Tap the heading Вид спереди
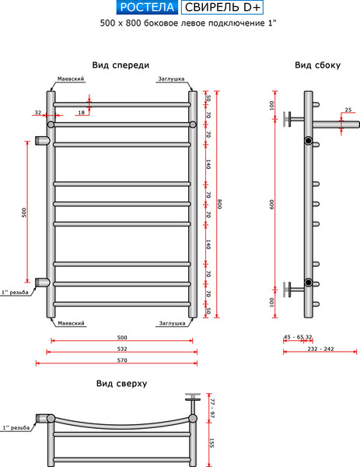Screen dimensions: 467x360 pyautogui.click(x=120, y=65)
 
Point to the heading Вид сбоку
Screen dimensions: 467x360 pyautogui.click(x=317, y=65)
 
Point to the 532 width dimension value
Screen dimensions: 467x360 pyautogui.click(x=117, y=349)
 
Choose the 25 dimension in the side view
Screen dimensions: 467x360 pyautogui.click(x=348, y=110)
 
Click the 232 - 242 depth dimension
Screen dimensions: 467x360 pyautogui.click(x=321, y=349)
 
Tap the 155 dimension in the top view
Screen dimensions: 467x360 pyautogui.click(x=211, y=443)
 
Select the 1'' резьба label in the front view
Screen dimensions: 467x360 pyautogui.click(x=15, y=293)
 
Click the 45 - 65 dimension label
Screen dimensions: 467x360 pyautogui.click(x=293, y=337)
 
